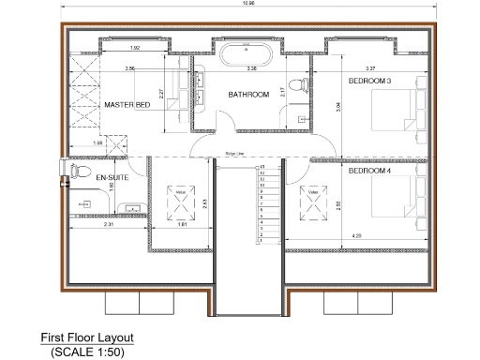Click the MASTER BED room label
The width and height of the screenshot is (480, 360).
click(127, 105)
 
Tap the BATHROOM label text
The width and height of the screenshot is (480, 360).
click(249, 95)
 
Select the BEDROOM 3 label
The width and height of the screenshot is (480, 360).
click(369, 82)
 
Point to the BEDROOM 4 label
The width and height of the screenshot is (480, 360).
click(369, 172)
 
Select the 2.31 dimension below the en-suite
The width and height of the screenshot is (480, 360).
click(108, 226)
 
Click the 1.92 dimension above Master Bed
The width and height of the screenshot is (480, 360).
click(135, 48)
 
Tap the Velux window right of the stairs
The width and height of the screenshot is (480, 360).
click(310, 196)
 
